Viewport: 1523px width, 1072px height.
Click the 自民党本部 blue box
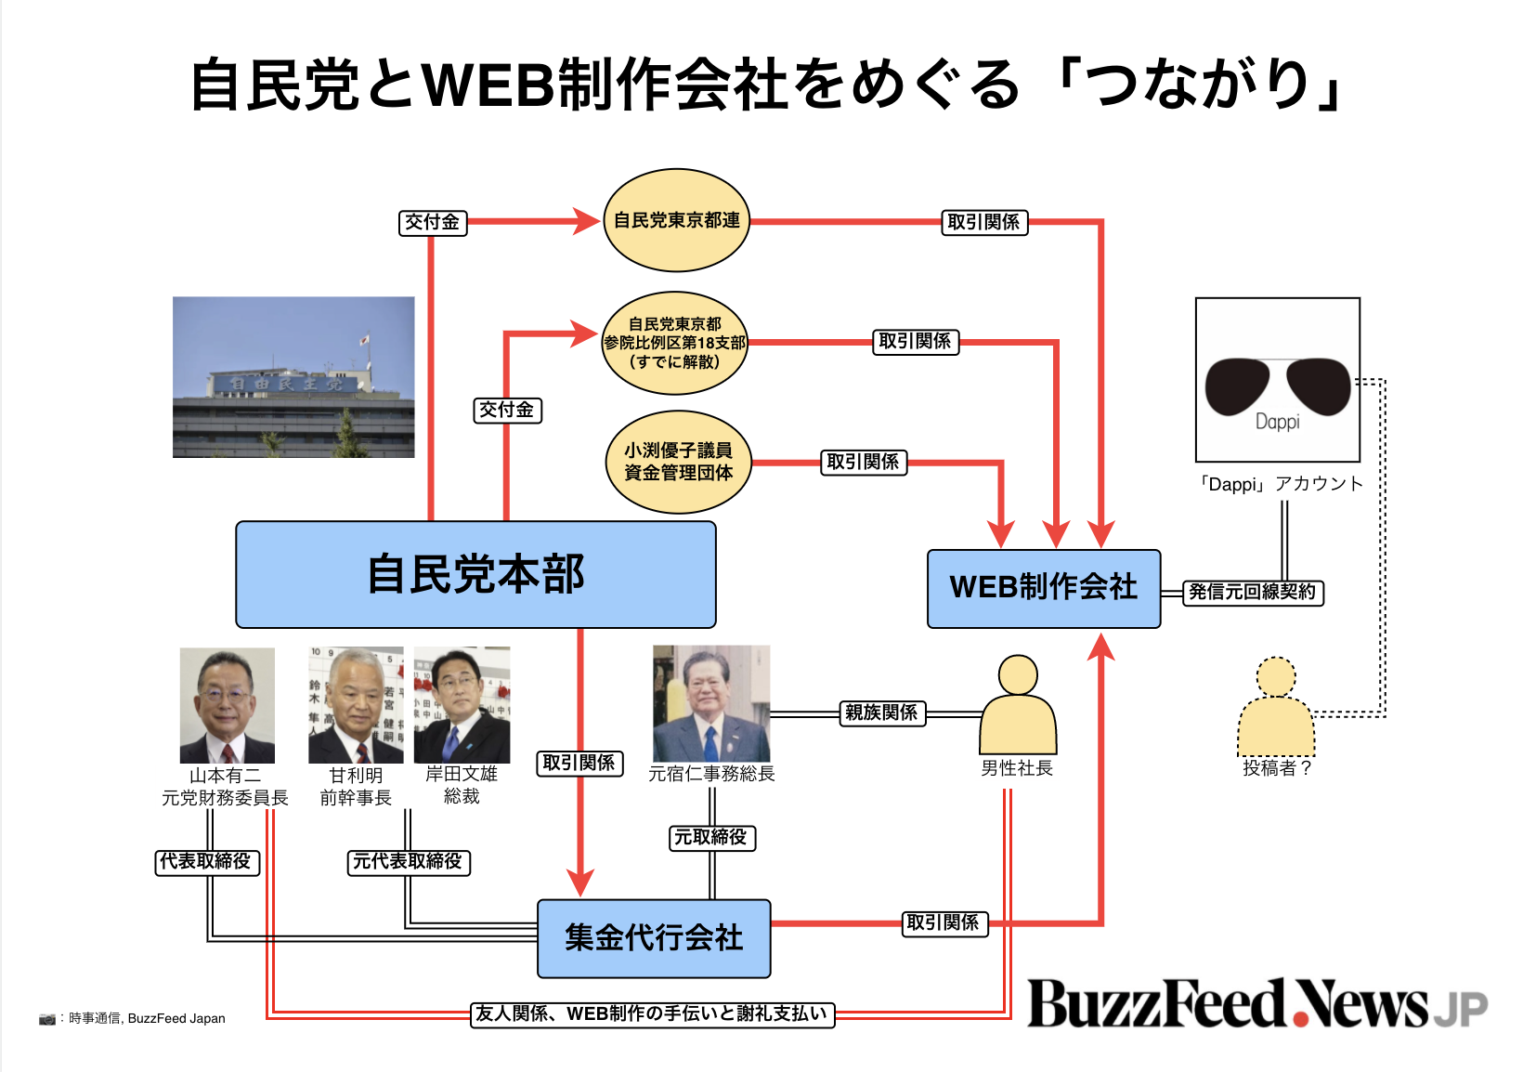point(475,574)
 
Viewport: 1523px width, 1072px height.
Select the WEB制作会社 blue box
point(1044,589)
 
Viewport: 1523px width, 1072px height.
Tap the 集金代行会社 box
point(654,938)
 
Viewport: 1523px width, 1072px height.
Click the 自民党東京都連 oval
point(676,220)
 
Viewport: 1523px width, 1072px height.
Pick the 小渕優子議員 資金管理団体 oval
point(678,462)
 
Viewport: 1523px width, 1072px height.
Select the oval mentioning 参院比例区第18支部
point(675,343)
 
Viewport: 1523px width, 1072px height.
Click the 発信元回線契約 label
point(1253,593)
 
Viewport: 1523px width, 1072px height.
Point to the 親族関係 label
point(881,713)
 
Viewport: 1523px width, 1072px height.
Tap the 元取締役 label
point(711,838)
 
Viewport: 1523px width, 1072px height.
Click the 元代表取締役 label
point(408,862)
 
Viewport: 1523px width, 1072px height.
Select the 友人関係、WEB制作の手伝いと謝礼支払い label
point(653,1014)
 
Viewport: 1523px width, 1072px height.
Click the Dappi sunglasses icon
point(1277,380)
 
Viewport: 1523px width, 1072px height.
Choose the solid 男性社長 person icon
point(1018,706)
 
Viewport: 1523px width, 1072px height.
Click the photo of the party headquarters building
point(293,377)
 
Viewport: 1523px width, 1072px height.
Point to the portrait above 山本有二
point(227,705)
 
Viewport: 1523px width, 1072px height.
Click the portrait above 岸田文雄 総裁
point(462,705)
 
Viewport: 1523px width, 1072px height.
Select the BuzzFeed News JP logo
point(1256,1005)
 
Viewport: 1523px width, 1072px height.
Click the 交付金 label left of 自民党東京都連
point(433,223)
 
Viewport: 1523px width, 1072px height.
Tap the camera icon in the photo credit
point(47,1019)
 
